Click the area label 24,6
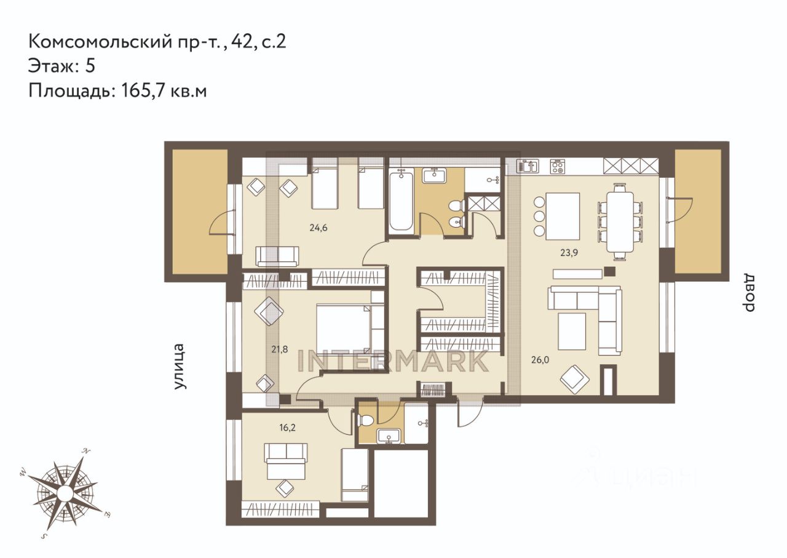click(x=318, y=228)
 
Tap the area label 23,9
click(x=569, y=253)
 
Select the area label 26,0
click(x=540, y=360)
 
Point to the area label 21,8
click(x=280, y=349)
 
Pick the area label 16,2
click(x=287, y=428)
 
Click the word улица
click(x=180, y=367)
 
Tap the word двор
click(x=749, y=293)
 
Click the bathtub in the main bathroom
click(x=401, y=201)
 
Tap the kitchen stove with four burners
click(x=558, y=166)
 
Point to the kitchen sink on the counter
click(x=528, y=166)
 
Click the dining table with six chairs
click(x=620, y=222)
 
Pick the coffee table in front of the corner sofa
click(x=572, y=331)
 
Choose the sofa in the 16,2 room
click(x=286, y=461)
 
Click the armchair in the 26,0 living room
click(x=575, y=380)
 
